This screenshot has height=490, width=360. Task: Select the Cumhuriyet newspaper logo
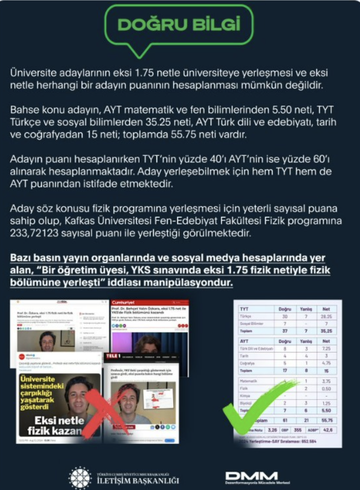pos(124,301)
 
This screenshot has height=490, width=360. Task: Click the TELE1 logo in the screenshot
pos(115,356)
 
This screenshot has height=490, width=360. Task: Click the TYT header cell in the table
pos(244,309)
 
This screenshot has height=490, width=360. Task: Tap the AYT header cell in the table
pos(244,340)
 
